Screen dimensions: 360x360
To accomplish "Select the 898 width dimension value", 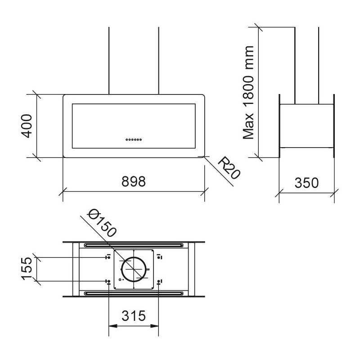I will [134, 182].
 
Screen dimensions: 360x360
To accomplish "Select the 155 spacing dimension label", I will [27, 269].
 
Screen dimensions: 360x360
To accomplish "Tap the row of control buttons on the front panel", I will [134, 140].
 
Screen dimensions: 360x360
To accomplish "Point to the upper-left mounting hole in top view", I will [108, 257].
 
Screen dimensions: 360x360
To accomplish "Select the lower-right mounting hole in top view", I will [160, 282].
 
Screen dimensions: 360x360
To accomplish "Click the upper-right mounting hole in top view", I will [160, 257].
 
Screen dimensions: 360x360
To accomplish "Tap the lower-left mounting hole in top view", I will [108, 282].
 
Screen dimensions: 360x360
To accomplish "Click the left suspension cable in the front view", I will [108, 61].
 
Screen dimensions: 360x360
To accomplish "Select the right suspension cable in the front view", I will [159, 61].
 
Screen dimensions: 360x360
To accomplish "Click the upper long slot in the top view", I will [134, 246].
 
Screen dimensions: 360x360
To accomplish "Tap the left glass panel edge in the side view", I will [279, 126].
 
